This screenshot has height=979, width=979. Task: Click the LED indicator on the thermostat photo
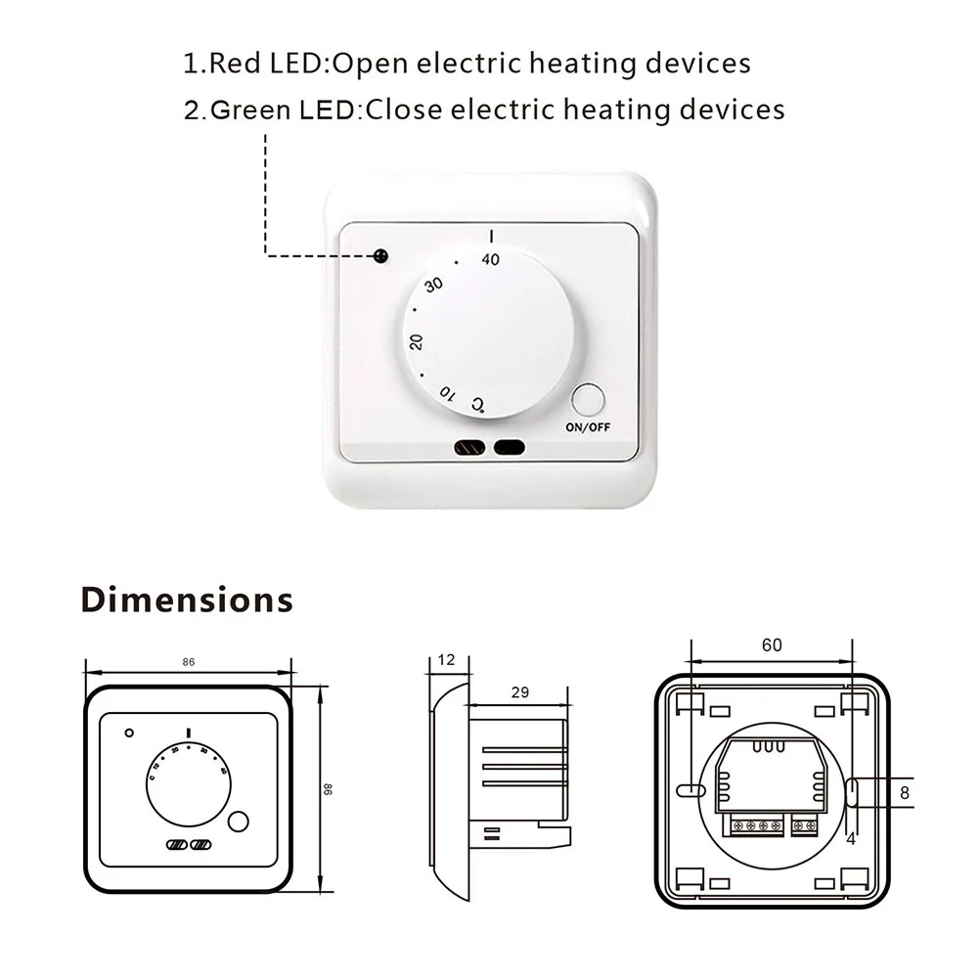pyautogui.click(x=379, y=256)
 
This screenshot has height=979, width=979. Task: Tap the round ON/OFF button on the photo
pyautogui.click(x=589, y=401)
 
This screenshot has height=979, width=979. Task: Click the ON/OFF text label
pyautogui.click(x=589, y=427)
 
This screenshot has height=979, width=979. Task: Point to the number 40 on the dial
pyautogui.click(x=490, y=259)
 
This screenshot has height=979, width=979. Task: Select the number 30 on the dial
pyautogui.click(x=434, y=286)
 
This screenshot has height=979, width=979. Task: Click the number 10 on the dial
pyautogui.click(x=446, y=393)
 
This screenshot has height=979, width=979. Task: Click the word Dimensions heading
pyautogui.click(x=187, y=599)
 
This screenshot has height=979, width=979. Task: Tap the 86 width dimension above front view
pyautogui.click(x=189, y=661)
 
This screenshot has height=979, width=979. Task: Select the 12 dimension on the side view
pyautogui.click(x=447, y=660)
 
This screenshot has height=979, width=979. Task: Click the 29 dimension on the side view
pyautogui.click(x=520, y=692)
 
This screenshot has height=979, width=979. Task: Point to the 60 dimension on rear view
pyautogui.click(x=772, y=645)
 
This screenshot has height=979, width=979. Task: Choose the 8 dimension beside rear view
pyautogui.click(x=905, y=793)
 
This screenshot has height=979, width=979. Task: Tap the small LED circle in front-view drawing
pyautogui.click(x=127, y=733)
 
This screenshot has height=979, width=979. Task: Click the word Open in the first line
pyautogui.click(x=374, y=65)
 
